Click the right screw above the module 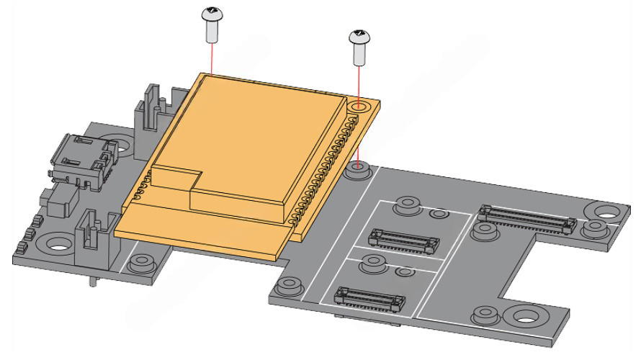[359, 45]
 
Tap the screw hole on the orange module [359, 107]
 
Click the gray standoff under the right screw [359, 171]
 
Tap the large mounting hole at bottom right [527, 317]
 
